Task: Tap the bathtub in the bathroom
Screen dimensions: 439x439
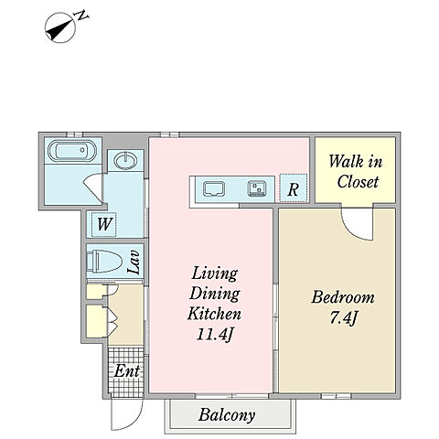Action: pyautogui.click(x=72, y=150)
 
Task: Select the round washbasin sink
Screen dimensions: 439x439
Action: pyautogui.click(x=125, y=160)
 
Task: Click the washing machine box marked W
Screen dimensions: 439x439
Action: pyautogui.click(x=104, y=224)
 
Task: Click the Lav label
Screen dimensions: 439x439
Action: pyautogui.click(x=134, y=262)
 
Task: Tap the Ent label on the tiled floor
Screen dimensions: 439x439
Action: pyautogui.click(x=127, y=371)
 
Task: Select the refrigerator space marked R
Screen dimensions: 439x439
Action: pyautogui.click(x=294, y=188)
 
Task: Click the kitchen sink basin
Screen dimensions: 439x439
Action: pyautogui.click(x=214, y=189)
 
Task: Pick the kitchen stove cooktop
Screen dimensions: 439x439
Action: pyautogui.click(x=257, y=188)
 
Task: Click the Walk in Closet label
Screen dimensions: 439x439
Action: pyautogui.click(x=356, y=172)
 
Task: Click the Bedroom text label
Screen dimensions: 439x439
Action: pyautogui.click(x=343, y=297)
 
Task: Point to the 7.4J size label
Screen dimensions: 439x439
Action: pyautogui.click(x=343, y=318)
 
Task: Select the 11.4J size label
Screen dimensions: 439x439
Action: pyautogui.click(x=215, y=335)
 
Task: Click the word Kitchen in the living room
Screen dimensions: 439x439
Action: pyautogui.click(x=214, y=314)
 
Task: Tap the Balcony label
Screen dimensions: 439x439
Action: pyautogui.click(x=227, y=414)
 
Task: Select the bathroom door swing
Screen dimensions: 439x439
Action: pyautogui.click(x=93, y=186)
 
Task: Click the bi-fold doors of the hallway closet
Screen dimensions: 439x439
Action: pyautogui.click(x=112, y=322)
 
